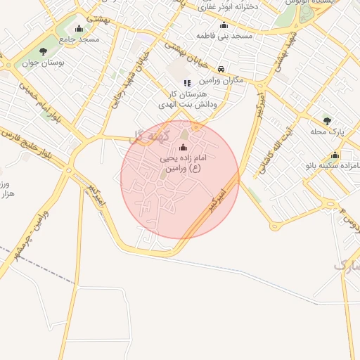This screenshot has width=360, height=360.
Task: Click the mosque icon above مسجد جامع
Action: point(78,29)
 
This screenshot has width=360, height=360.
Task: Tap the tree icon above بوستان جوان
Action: point(44,51)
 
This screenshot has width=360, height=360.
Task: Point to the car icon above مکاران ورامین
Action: point(221,69)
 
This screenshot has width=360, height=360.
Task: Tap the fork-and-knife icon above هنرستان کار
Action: point(187,83)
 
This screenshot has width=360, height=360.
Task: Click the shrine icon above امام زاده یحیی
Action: point(184,148)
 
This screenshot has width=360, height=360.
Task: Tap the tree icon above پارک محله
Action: point(327,121)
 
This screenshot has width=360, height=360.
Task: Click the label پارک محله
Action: point(327,131)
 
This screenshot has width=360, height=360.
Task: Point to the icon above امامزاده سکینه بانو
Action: point(335,155)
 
